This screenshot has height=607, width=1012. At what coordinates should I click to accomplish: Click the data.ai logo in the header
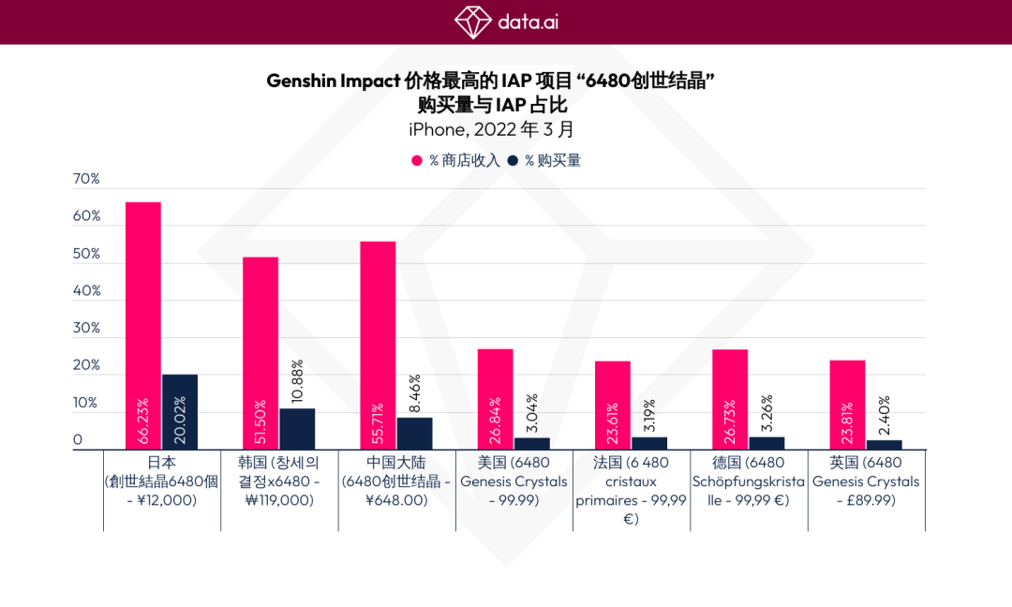[505, 21]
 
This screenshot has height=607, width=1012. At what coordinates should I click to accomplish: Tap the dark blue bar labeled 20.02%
[180, 412]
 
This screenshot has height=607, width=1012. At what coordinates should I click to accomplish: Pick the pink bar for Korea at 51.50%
[260, 353]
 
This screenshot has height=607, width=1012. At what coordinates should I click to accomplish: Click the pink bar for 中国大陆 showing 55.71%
[378, 346]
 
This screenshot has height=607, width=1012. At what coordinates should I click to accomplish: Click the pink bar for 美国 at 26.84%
[495, 399]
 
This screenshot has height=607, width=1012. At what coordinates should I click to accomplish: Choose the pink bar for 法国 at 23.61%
[613, 406]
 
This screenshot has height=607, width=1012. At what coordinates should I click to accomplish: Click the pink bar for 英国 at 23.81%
[847, 405]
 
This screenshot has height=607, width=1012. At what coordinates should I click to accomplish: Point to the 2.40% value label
[884, 417]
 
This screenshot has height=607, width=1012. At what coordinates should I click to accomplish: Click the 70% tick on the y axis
[86, 179]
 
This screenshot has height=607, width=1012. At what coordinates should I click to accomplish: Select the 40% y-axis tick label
[86, 290]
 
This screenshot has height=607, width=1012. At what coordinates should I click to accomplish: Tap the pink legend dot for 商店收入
[418, 161]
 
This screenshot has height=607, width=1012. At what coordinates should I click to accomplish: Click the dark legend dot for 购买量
[513, 161]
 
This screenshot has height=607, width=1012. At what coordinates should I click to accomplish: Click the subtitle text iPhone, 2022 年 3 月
[491, 129]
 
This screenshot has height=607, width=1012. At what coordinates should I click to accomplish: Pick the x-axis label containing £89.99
[866, 481]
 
